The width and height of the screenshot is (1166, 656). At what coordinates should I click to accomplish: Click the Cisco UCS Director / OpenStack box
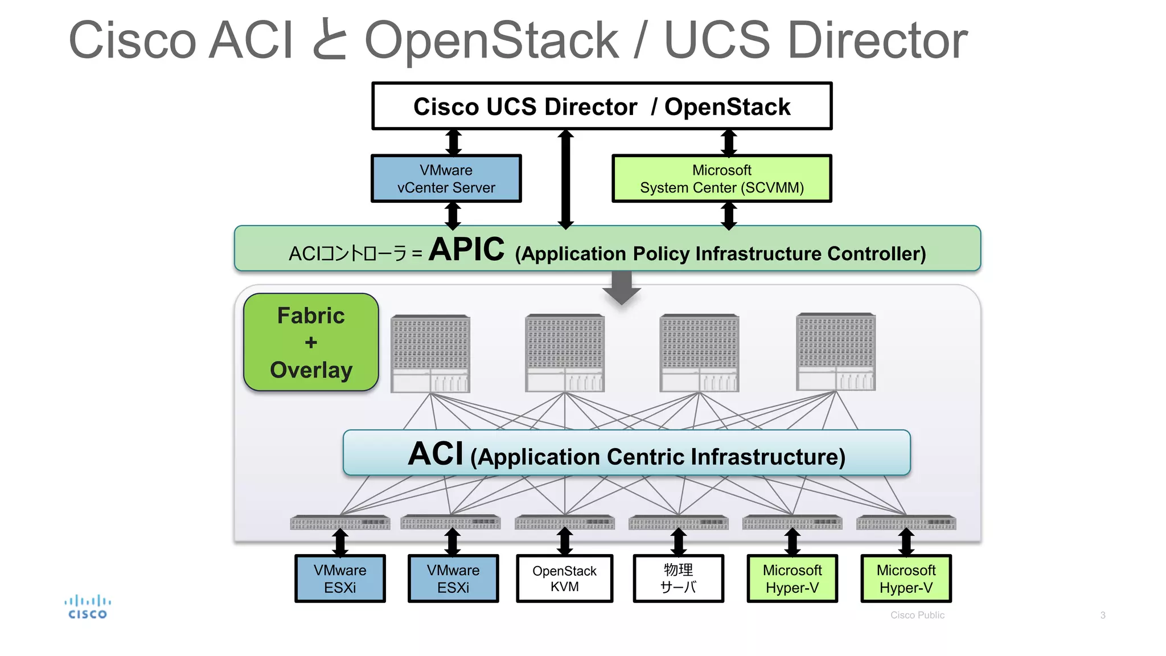601,106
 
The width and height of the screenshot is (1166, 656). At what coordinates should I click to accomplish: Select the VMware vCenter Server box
446,178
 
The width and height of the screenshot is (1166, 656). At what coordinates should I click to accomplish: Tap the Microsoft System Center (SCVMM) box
721,178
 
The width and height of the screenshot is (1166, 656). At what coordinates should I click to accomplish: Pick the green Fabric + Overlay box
311,342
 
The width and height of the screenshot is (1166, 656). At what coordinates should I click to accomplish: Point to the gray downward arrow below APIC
622,288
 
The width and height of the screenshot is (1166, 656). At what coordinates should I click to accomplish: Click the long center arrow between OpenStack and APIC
565,179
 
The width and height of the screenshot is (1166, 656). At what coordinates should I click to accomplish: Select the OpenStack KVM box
564,578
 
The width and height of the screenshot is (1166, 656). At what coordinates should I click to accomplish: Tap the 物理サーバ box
678,578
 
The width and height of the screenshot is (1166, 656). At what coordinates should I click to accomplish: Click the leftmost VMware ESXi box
340,578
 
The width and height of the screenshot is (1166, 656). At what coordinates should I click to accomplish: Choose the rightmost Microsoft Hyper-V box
905,578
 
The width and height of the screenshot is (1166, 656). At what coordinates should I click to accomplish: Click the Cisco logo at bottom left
87,607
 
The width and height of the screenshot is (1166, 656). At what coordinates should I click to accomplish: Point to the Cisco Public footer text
917,615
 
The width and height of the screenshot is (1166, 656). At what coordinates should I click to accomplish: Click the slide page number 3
1102,615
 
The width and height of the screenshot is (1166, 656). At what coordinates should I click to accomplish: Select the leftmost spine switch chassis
430,353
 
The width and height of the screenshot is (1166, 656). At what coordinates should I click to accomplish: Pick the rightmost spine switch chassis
835,352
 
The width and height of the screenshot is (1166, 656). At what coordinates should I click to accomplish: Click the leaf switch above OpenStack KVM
564,522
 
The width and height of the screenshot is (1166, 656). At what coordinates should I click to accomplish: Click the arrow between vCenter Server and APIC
453,215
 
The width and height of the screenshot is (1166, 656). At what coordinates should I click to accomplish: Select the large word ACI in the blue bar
436,454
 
